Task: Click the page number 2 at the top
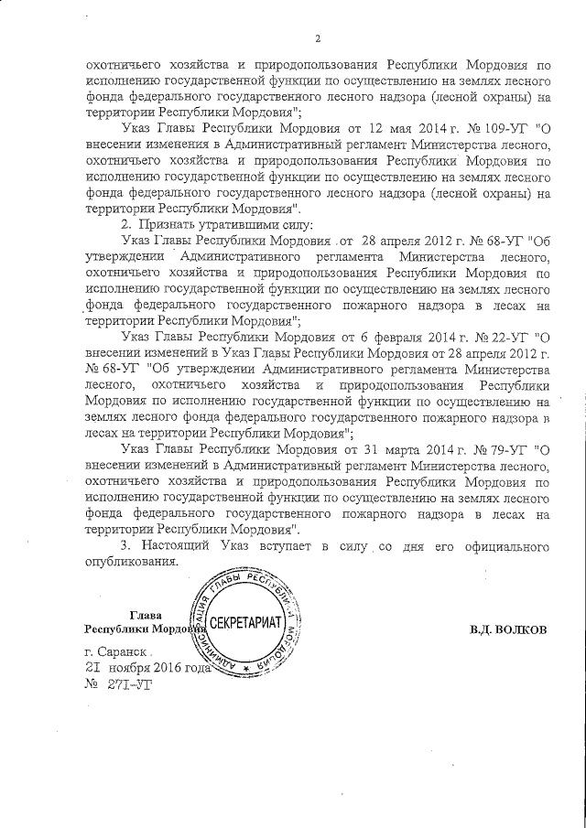[317, 38]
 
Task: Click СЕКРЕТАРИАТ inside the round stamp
[249, 630]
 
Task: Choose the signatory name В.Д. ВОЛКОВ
[508, 630]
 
